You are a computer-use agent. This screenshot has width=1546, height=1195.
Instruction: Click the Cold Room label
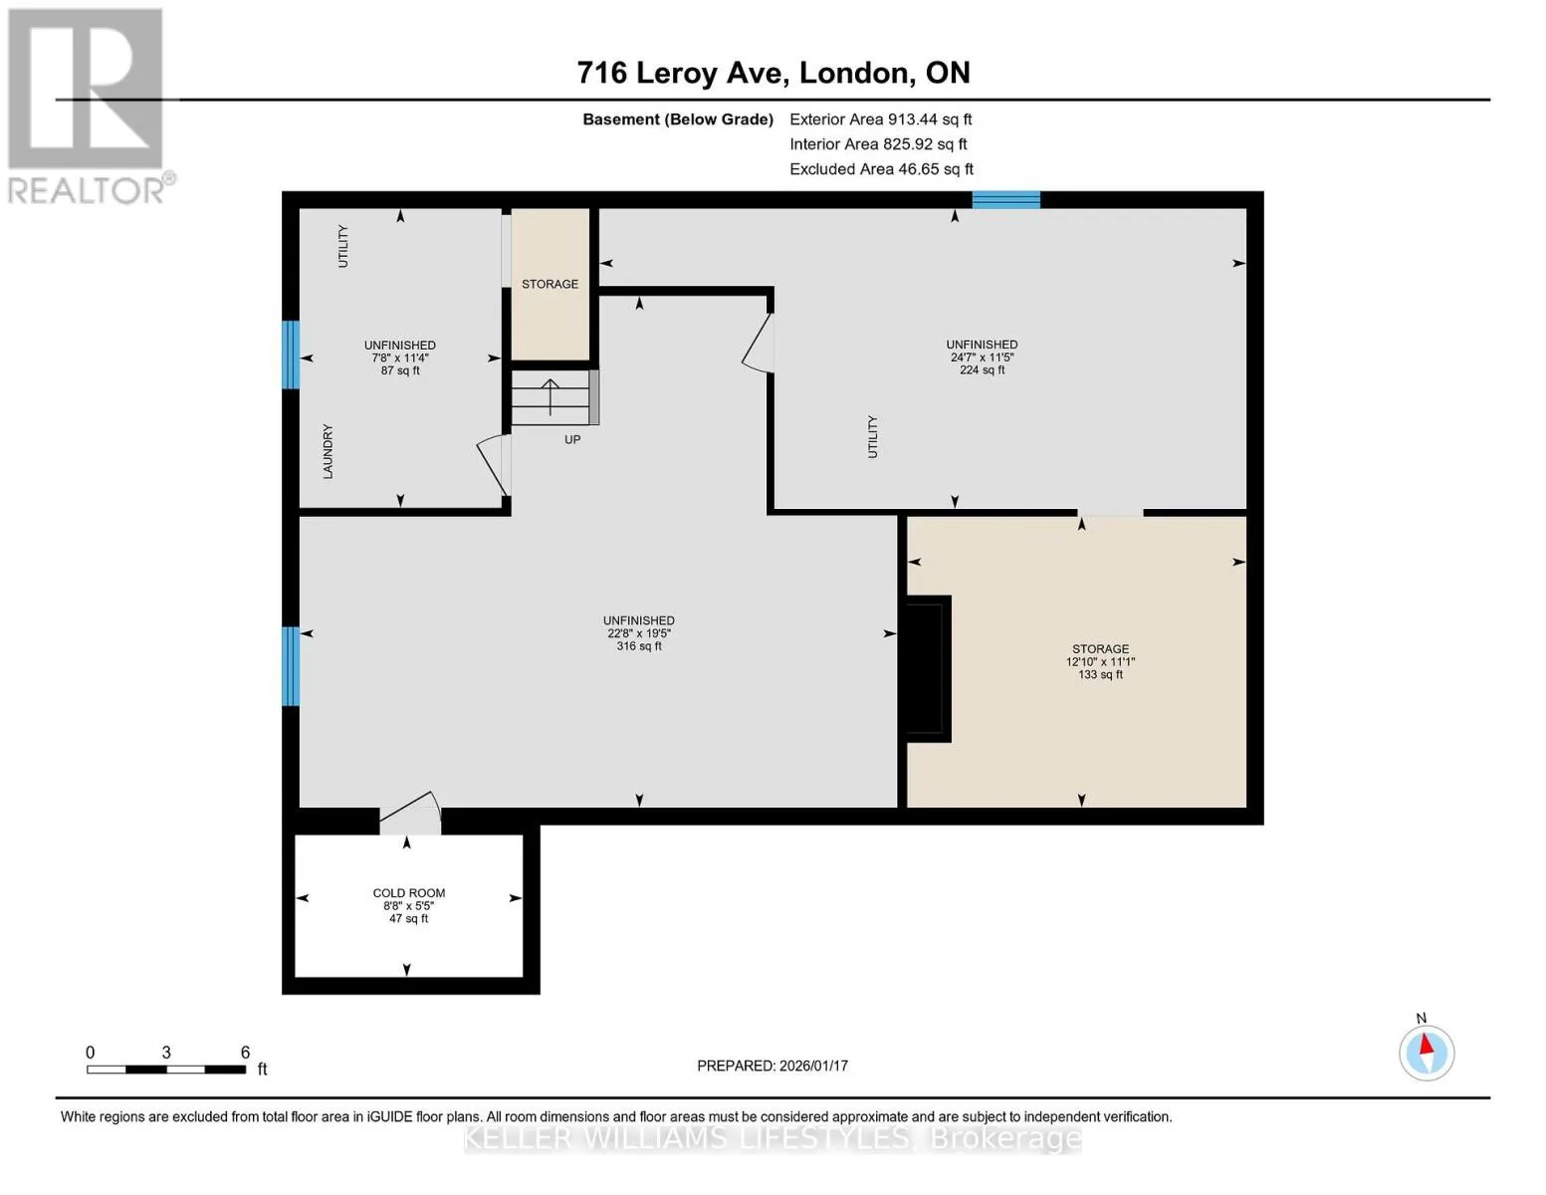tap(408, 892)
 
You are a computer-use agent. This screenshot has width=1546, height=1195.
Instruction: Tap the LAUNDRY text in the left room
tap(328, 451)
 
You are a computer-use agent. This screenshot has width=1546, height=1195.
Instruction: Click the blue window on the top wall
tap(1006, 199)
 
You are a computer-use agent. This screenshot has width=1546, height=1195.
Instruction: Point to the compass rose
tap(1426, 1052)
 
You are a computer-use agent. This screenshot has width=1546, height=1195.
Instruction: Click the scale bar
tap(166, 1069)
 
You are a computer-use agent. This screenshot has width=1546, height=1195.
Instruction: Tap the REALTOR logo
tap(89, 107)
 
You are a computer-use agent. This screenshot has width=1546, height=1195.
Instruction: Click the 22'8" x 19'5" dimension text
tap(639, 633)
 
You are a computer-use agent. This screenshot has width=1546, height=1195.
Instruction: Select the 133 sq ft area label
tap(1100, 674)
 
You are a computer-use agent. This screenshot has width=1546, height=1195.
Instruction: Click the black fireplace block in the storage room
tap(928, 668)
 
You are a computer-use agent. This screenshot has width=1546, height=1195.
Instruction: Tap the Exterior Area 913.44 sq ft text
tap(880, 119)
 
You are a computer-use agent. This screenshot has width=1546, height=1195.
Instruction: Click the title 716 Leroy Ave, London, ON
tap(773, 73)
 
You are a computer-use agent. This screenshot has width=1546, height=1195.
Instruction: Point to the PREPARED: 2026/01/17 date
tap(773, 1066)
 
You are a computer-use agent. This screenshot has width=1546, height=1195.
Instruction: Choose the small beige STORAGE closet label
tap(550, 284)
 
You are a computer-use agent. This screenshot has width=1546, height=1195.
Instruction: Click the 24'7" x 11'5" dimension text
tap(982, 358)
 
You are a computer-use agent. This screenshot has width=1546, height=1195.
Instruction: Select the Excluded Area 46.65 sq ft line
tap(881, 169)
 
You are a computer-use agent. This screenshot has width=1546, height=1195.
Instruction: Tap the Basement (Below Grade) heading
tap(677, 119)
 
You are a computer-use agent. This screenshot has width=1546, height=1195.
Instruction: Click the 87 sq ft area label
tap(400, 370)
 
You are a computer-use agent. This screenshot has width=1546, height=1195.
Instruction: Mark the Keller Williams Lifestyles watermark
tap(773, 1139)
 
